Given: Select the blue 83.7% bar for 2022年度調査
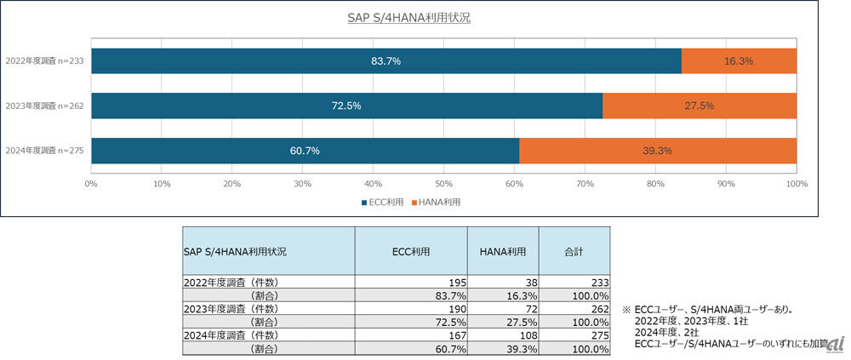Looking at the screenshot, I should coord(386,61).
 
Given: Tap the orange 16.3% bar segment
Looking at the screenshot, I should coord(739,61).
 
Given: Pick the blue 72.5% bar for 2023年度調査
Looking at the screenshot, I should coord(346,106).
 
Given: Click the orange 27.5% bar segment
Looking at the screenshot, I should coord(700,106).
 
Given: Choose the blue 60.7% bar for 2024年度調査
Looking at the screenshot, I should coord(305,151).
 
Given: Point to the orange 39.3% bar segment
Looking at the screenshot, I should coord(658,151).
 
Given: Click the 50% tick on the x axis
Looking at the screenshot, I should coord(443,183).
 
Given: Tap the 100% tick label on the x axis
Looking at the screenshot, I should coord(796,183).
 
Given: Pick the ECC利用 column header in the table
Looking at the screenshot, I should coord(411,252).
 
